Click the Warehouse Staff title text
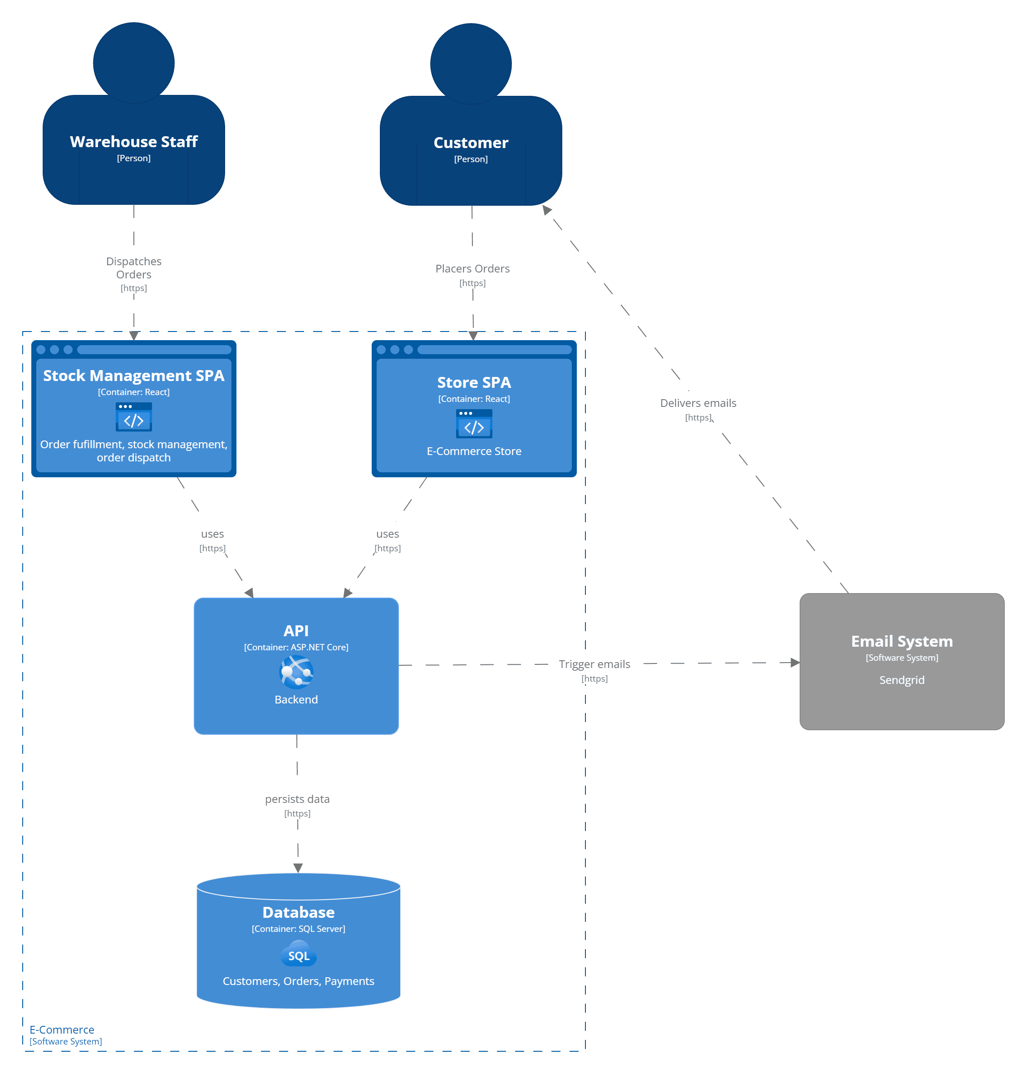point(133,141)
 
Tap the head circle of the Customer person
point(471,64)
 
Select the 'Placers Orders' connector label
point(472,268)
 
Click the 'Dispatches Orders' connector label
point(133,268)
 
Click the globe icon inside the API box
point(296,672)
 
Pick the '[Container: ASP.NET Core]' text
point(296,648)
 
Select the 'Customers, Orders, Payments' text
point(298,981)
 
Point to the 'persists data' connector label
point(297,799)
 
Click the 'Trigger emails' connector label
point(594,664)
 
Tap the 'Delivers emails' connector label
point(698,403)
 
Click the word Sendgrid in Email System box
point(902,680)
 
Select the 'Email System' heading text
point(902,641)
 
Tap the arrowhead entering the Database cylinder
point(298,868)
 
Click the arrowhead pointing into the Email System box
point(795,663)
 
